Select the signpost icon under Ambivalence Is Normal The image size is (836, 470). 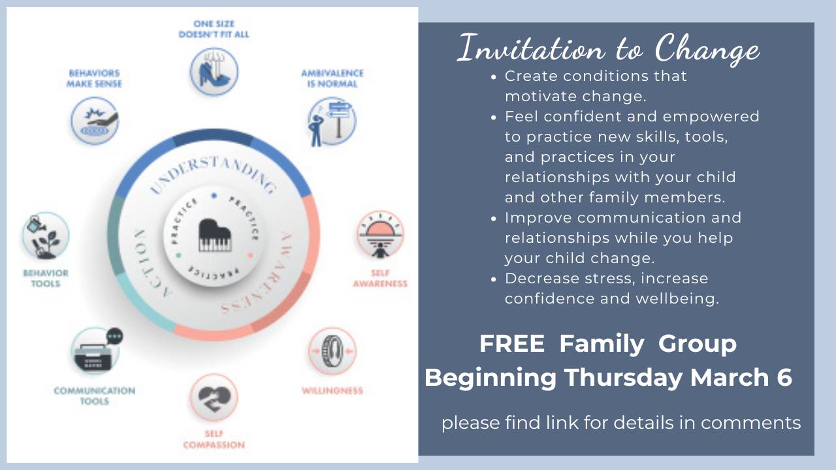point(331,121)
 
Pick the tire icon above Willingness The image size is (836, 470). point(332,351)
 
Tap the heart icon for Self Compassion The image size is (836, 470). point(214,398)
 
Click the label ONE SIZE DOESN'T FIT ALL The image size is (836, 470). point(214,29)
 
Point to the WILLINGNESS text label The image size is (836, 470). point(332,391)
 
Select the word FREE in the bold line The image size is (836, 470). point(511,344)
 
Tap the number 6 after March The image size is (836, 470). point(784,377)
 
